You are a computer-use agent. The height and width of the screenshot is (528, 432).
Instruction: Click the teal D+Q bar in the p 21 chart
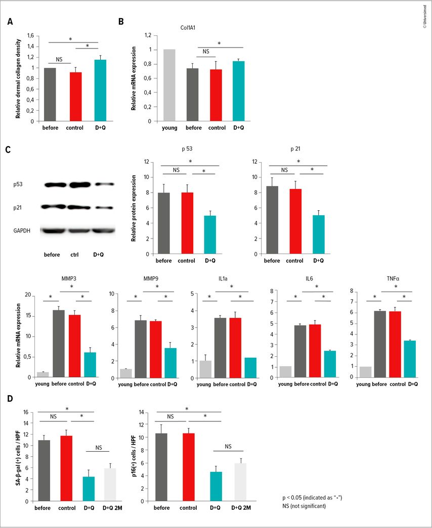coord(318,234)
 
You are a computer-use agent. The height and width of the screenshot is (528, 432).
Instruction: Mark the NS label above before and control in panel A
coord(59,60)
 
